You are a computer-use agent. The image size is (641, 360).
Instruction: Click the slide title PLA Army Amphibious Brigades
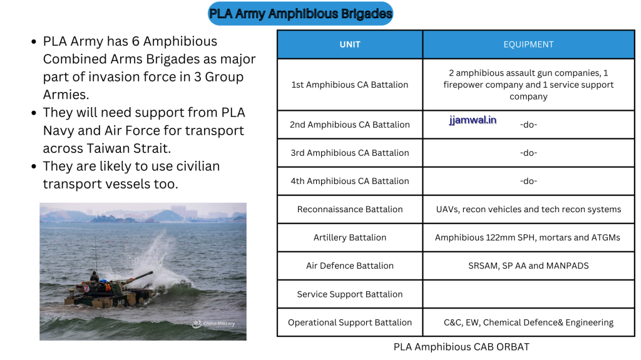300,13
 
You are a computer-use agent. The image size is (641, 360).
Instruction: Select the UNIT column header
350,44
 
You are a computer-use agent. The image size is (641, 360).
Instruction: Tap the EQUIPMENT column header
528,44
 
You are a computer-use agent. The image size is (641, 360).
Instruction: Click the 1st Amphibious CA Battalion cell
350,85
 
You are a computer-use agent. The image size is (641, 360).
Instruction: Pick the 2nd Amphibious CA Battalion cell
350,125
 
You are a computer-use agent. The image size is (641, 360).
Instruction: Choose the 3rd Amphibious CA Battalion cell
350,153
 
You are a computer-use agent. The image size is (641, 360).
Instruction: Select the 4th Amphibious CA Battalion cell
350,181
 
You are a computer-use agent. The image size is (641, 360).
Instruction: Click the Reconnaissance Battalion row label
350,209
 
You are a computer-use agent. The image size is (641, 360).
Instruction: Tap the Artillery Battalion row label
350,237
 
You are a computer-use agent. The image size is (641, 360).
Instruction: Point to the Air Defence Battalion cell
350,265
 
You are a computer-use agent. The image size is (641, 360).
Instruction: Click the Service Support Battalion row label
350,294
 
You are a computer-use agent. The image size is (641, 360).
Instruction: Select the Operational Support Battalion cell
350,322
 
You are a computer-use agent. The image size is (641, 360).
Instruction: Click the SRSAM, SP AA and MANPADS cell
528,265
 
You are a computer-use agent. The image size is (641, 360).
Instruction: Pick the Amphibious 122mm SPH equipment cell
528,237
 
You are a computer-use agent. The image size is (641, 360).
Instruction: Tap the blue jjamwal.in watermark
473,120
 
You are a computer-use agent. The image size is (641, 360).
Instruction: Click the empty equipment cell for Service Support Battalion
528,294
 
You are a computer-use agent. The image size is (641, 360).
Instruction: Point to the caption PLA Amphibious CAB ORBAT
461,346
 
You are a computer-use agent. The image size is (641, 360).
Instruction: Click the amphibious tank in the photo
110,289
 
